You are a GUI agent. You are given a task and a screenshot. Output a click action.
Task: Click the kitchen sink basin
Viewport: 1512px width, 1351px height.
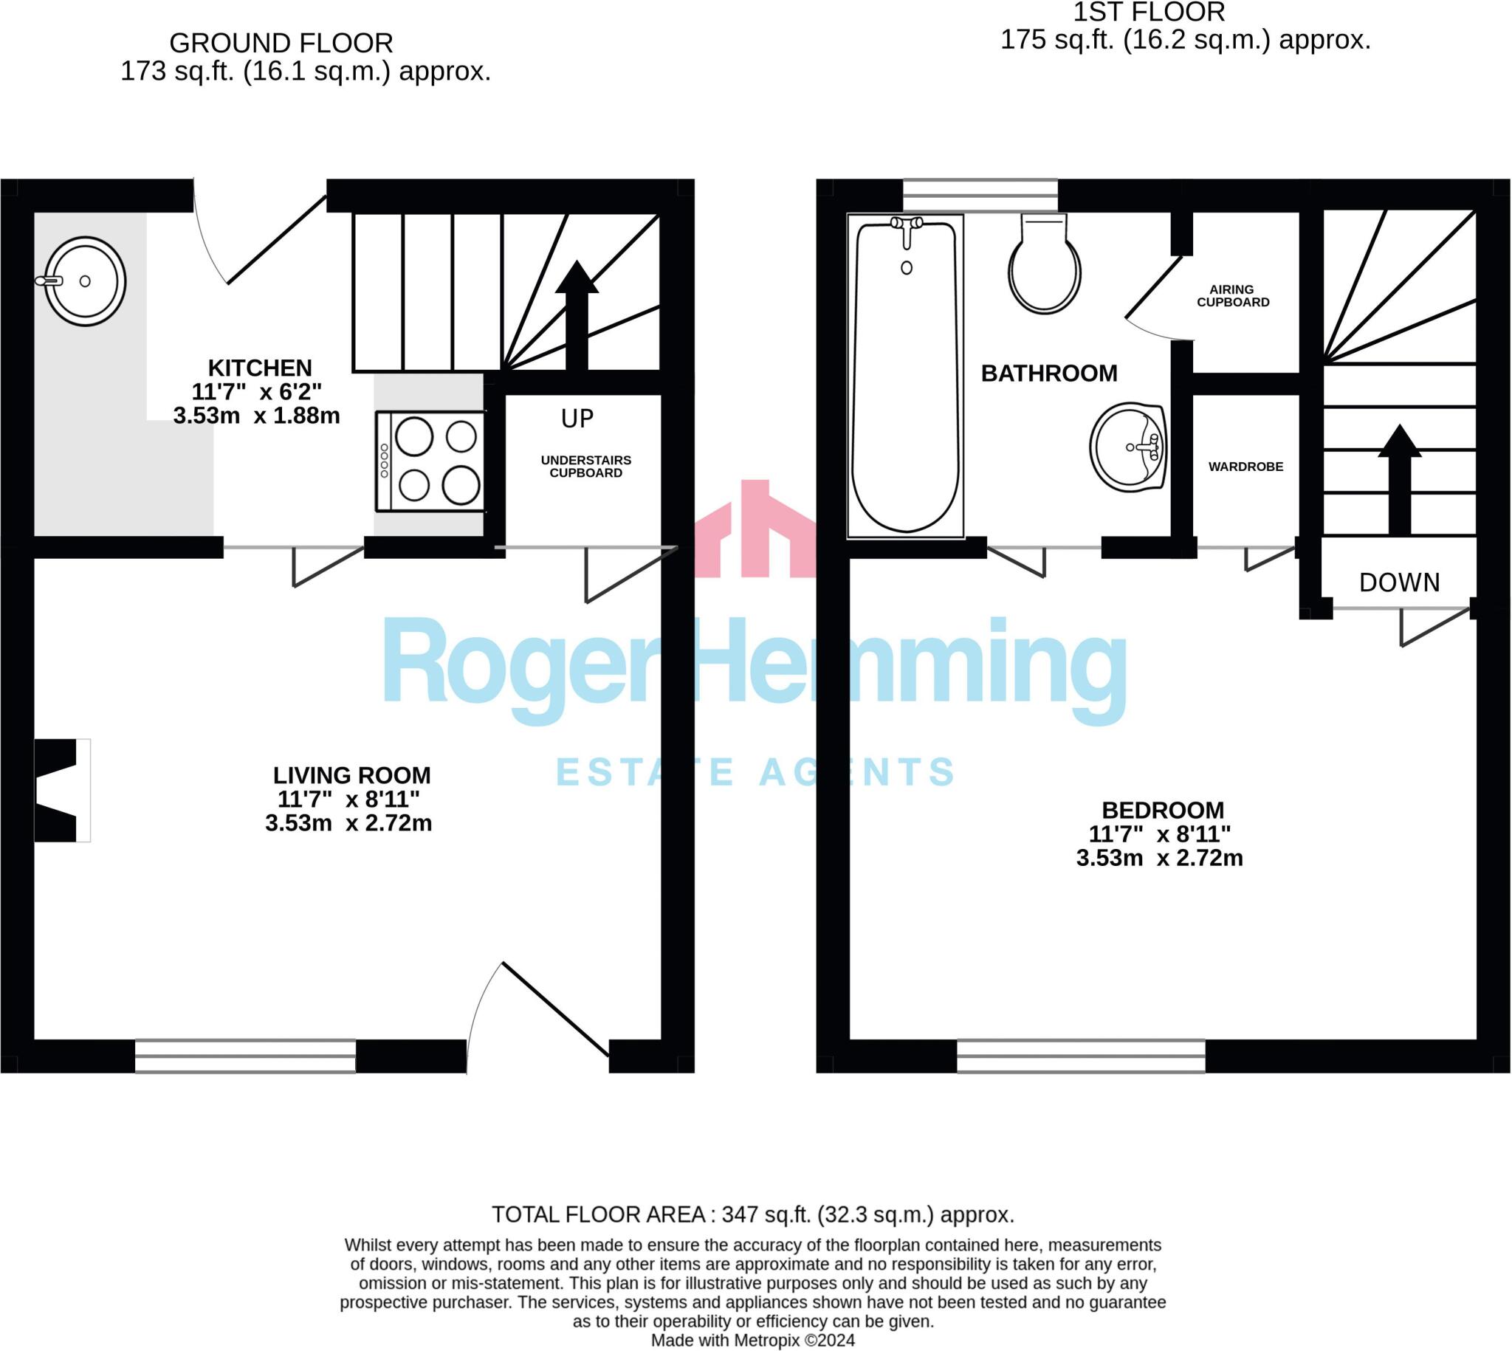coord(85,281)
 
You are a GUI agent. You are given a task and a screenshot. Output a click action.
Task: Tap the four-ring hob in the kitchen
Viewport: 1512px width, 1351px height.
coord(430,461)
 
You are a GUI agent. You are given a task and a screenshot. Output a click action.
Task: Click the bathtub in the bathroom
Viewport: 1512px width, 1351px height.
coord(906,377)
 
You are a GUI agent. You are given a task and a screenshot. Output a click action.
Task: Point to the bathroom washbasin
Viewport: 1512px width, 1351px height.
coord(1128,447)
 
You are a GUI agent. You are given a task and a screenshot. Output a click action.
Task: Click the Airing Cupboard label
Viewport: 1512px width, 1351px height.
coord(1233,296)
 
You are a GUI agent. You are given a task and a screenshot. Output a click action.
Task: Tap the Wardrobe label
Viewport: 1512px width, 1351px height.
coord(1245,467)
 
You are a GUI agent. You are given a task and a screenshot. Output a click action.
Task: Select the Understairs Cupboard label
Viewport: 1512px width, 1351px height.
coord(585,467)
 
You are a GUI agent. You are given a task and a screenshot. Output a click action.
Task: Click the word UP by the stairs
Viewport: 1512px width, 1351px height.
coord(577,419)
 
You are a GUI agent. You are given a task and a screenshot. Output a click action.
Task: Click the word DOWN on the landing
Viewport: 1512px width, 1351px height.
coord(1399,582)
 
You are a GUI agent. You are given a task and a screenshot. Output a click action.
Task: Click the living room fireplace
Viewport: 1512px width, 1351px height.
coord(62,791)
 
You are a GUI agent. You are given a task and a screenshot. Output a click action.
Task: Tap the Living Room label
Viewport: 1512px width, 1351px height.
coord(352,776)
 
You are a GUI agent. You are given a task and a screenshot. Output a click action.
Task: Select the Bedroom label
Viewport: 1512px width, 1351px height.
coord(1162,811)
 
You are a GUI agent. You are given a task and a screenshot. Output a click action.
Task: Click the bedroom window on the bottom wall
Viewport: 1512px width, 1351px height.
coord(1081,1056)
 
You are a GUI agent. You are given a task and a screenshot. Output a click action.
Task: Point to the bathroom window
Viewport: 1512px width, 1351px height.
coord(980,195)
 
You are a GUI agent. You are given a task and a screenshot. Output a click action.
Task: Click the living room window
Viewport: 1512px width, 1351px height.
coord(246,1056)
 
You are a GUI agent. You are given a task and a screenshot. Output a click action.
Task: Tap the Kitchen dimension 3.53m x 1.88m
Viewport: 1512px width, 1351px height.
coord(257,416)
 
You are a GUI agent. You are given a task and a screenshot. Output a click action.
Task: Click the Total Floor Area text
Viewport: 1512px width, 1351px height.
coord(752,1215)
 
